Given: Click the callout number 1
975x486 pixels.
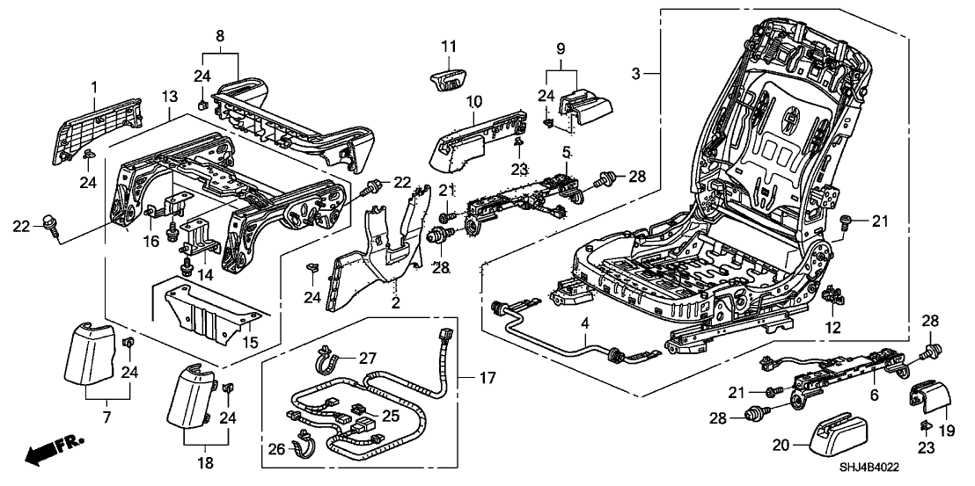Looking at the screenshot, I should pyautogui.click(x=94, y=87).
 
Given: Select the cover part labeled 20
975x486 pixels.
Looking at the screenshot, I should pyautogui.click(x=836, y=435).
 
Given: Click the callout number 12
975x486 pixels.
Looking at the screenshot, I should pyautogui.click(x=832, y=328).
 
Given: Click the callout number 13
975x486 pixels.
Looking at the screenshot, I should pyautogui.click(x=169, y=95).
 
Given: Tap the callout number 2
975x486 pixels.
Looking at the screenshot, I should pyautogui.click(x=395, y=304).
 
